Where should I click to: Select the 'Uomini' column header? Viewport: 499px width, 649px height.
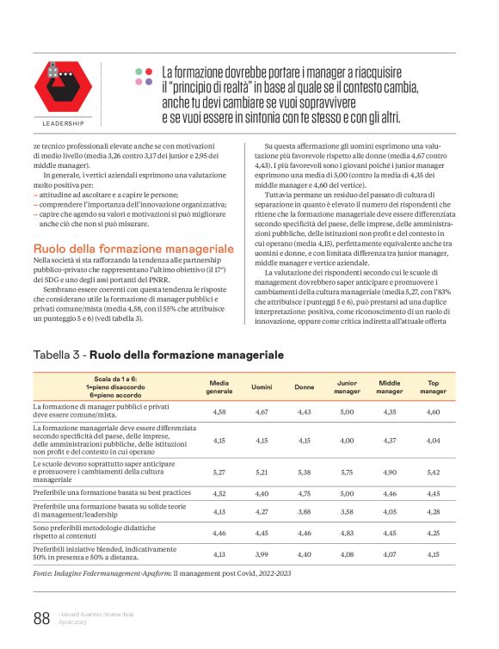262,386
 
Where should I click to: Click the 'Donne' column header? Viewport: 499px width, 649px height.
304,386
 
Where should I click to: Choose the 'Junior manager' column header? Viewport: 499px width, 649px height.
346,386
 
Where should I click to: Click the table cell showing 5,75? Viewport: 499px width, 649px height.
346,472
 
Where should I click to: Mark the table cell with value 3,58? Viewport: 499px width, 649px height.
346,512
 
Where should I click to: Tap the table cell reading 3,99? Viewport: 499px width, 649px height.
262,553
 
